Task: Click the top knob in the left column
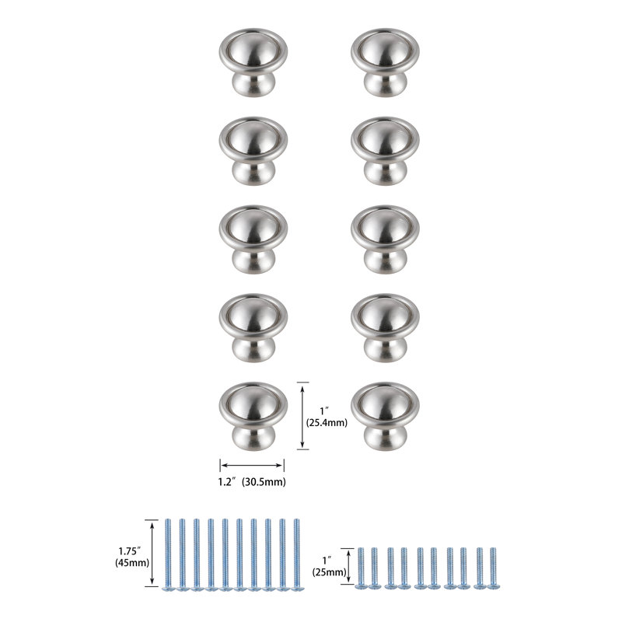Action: pos(253,62)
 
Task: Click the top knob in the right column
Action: pos(385,62)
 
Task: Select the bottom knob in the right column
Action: pos(385,416)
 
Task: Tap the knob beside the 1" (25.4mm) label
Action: pos(253,416)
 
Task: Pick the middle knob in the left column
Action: pos(253,239)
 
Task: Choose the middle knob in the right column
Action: pos(385,239)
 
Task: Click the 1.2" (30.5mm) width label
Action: pos(252,482)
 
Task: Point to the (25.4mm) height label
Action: pos(327,423)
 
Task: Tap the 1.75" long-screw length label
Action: pos(130,551)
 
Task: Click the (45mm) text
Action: pos(132,562)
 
